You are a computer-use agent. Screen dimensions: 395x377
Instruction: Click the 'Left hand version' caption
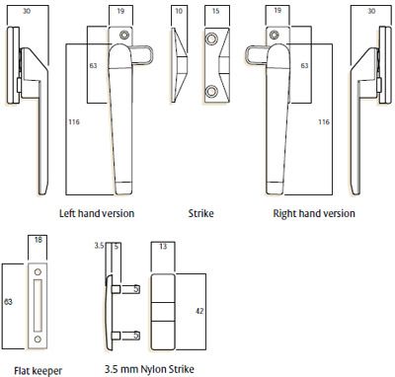[97, 213]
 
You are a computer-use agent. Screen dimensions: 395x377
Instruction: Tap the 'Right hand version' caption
[314, 213]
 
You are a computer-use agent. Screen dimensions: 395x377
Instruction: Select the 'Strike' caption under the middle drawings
[200, 213]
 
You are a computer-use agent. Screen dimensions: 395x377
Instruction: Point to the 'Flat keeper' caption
[39, 371]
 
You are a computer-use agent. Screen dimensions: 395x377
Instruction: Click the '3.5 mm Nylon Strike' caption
[149, 369]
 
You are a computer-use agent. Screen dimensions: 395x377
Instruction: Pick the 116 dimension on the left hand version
[74, 122]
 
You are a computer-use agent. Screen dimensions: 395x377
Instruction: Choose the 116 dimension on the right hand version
[324, 122]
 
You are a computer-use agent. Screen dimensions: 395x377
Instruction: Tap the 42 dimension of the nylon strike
[199, 311]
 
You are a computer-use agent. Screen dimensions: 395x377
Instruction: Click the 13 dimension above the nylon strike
[163, 247]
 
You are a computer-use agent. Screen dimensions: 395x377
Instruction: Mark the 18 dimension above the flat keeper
[39, 240]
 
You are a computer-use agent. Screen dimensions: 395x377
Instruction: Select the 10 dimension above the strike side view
[179, 11]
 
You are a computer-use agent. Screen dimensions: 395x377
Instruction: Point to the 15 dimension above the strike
[215, 11]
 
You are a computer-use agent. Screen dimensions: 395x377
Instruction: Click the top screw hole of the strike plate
[211, 39]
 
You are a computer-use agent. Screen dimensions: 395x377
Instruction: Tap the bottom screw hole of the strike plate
[211, 91]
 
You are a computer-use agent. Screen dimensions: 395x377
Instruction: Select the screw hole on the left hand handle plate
[124, 35]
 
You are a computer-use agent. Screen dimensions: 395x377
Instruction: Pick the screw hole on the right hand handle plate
[275, 35]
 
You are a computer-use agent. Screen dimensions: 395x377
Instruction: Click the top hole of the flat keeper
[38, 272]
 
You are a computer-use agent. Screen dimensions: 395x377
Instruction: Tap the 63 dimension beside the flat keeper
[8, 302]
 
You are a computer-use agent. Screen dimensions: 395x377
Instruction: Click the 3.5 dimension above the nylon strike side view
[99, 246]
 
